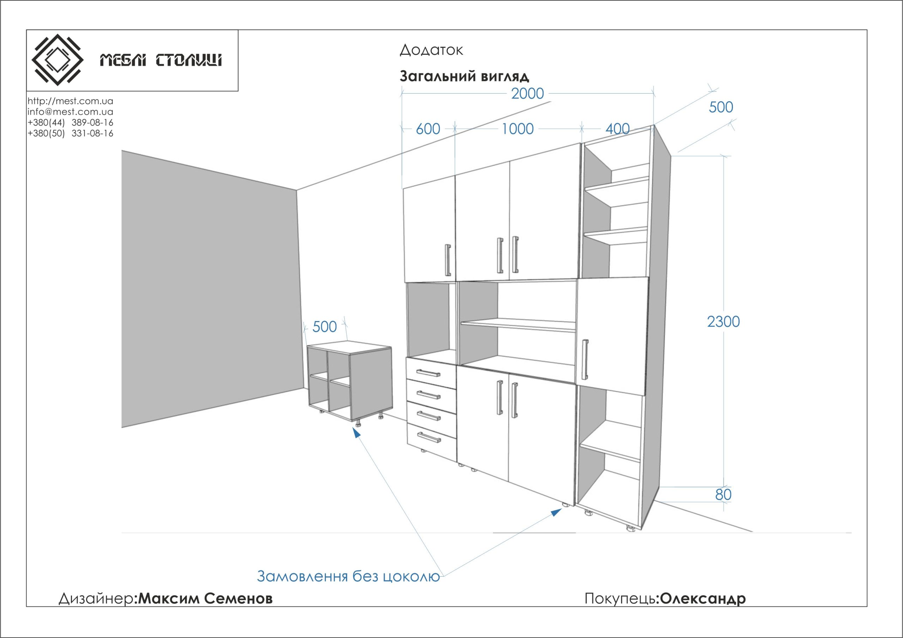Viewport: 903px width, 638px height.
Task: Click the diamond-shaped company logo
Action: coord(57,60)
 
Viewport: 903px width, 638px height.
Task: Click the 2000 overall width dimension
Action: coord(527,94)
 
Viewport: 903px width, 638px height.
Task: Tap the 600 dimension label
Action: coord(428,129)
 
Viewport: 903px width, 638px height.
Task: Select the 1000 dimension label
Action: coord(517,129)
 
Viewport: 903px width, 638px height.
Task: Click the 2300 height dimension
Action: coord(723,322)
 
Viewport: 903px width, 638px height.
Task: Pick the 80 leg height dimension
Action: coord(723,495)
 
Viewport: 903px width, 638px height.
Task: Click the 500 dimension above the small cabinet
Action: coord(325,327)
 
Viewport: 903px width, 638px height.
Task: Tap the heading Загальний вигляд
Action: coord(464,76)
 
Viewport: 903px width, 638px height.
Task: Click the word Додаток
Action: coord(431,50)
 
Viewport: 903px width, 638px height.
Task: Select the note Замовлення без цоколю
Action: coord(348,576)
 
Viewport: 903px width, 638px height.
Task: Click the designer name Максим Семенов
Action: coord(205,599)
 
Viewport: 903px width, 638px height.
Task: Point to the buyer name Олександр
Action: coord(702,599)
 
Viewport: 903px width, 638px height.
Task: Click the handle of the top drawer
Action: coord(428,373)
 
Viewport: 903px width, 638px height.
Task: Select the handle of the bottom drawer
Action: coord(429,437)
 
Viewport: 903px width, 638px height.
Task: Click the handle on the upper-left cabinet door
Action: coord(448,260)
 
